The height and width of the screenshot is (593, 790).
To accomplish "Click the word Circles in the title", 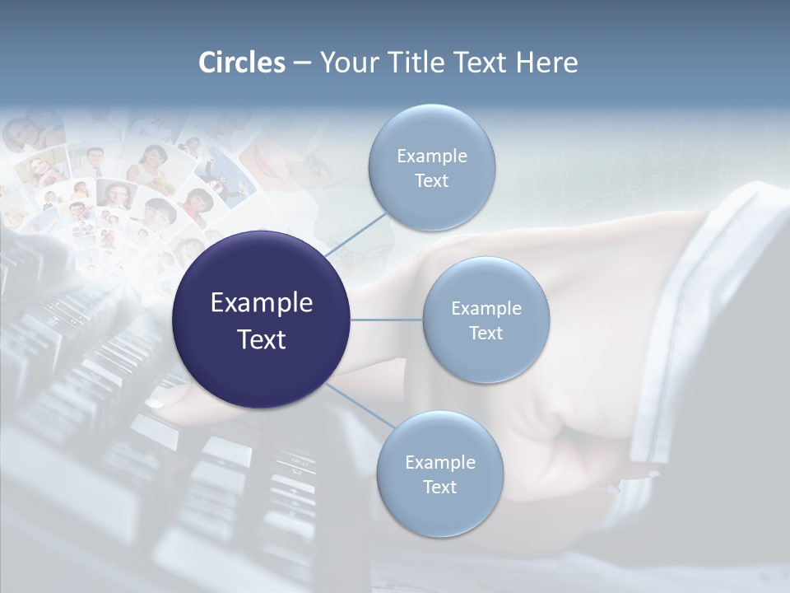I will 241,63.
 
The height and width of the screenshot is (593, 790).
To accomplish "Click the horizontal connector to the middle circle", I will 386,320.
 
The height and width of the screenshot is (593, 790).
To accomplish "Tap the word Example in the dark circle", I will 262,303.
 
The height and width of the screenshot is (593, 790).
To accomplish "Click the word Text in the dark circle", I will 262,339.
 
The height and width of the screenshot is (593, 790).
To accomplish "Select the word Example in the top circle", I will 431,156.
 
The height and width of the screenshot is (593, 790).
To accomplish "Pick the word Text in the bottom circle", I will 439,487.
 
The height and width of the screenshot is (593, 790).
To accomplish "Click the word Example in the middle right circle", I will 486,308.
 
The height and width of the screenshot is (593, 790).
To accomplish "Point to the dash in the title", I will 302,63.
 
